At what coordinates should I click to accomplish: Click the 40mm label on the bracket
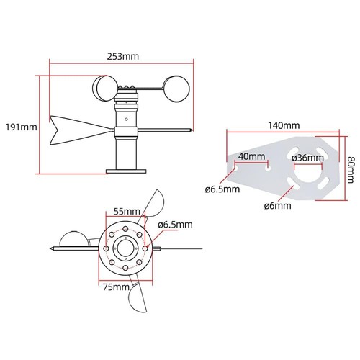click(251, 157)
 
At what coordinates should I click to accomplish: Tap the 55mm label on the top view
click(126, 212)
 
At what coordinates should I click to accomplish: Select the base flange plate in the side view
click(127, 171)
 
